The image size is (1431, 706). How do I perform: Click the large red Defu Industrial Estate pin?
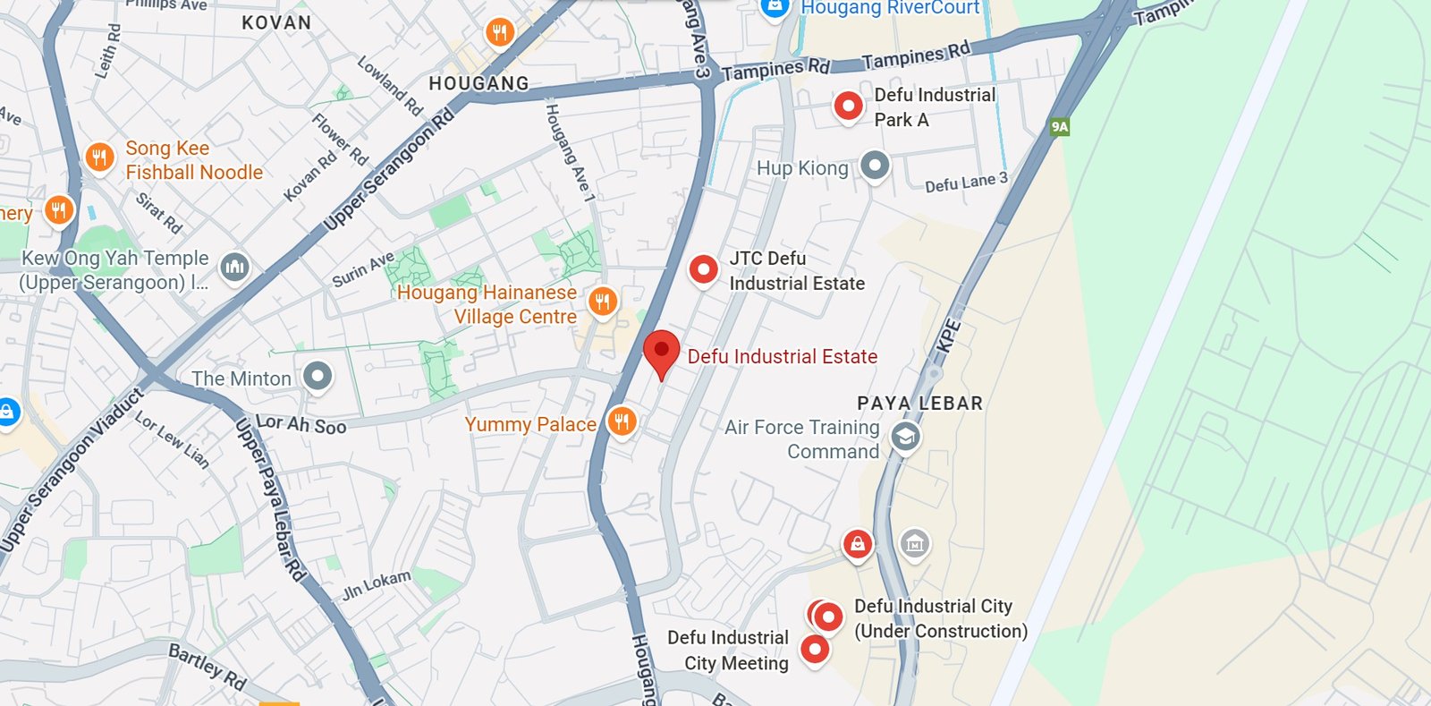point(662,351)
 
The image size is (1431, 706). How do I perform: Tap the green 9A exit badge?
point(1060,126)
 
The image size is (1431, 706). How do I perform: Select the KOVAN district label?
point(276,22)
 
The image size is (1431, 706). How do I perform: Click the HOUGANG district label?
point(478,83)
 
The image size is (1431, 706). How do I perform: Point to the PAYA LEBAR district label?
point(919,403)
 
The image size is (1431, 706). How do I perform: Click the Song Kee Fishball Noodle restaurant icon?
point(99,157)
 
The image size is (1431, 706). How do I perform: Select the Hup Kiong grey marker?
point(875,165)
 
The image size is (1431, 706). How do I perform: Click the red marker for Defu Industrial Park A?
point(848,106)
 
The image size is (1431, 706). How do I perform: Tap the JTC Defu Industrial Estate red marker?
point(704,268)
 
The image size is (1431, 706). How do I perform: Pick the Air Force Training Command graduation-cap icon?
point(905,437)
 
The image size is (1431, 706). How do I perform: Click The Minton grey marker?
point(318,376)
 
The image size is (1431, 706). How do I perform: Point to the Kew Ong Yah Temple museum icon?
point(234,266)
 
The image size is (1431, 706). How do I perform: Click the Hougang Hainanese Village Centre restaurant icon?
point(603,302)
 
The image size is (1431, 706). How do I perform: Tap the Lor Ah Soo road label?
point(301,424)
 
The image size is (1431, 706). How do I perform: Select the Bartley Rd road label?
point(207,667)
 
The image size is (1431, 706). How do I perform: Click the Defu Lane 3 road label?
point(966,183)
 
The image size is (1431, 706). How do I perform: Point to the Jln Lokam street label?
point(377,584)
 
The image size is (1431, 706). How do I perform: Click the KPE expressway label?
point(948,336)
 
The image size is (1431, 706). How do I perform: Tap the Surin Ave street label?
point(363,269)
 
